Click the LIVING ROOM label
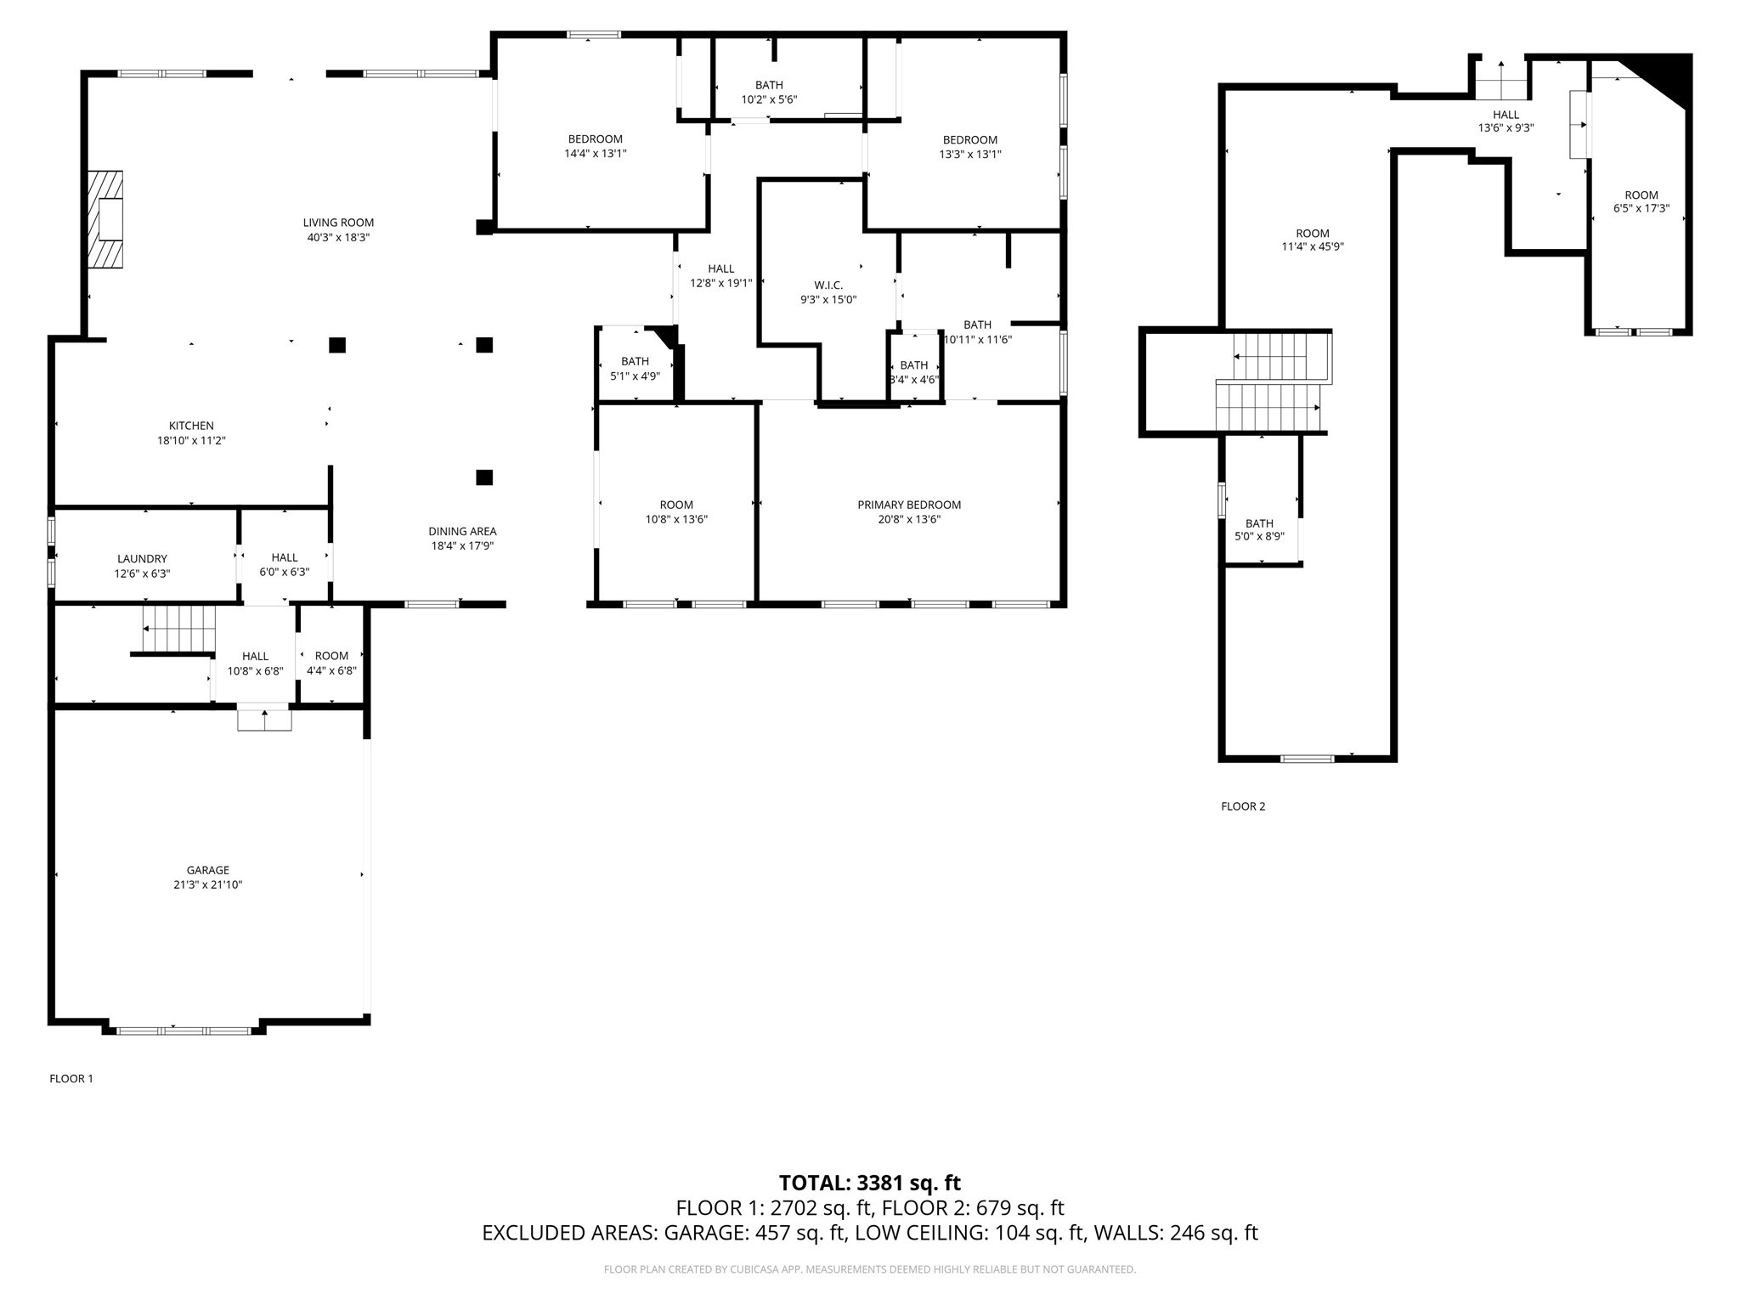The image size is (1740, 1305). pos(338,223)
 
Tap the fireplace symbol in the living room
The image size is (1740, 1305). pos(107,219)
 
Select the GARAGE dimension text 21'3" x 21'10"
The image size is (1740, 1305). pos(208,884)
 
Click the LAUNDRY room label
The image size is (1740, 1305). pos(142,558)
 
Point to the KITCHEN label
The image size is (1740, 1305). pos(191,426)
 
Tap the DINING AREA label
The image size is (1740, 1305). pos(462,531)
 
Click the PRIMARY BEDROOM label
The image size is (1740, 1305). pos(909,505)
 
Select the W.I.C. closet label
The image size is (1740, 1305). pos(828,285)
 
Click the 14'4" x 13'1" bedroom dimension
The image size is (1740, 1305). pos(596,154)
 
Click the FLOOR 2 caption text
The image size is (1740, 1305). pos(1243,806)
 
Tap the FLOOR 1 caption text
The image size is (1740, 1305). pos(71,1078)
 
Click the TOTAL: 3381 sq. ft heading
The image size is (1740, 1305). pos(869,1183)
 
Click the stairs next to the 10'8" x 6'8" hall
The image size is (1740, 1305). pos(179,629)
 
